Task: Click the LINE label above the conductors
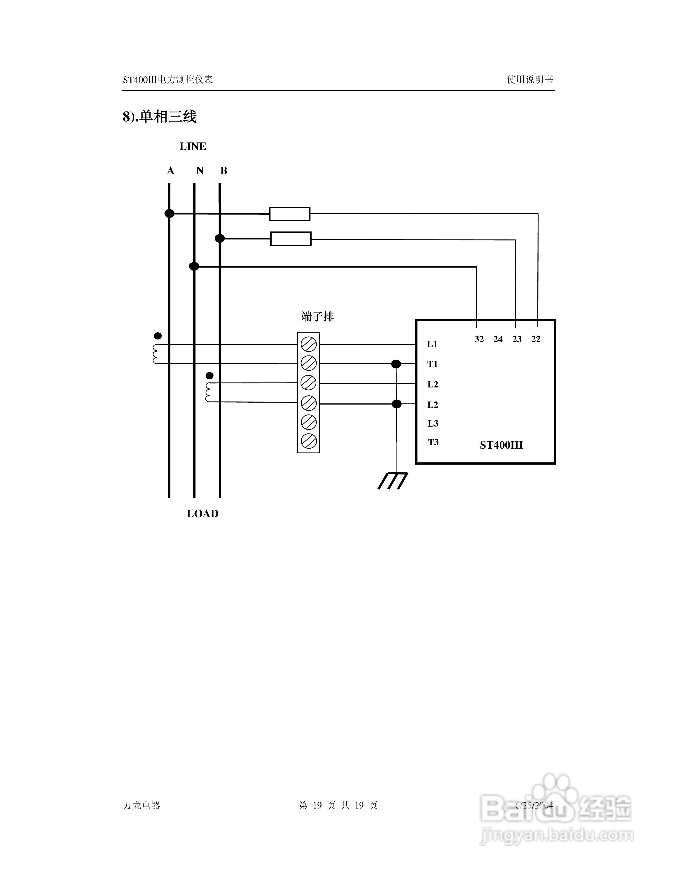click(193, 147)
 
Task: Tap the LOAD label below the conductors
click(202, 514)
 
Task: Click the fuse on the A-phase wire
click(290, 214)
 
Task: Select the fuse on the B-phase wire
click(291, 239)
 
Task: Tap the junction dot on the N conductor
click(194, 266)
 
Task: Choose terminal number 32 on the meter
click(479, 339)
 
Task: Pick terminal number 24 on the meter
click(498, 339)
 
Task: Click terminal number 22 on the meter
click(536, 339)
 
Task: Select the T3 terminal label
click(433, 442)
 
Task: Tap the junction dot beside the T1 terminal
click(396, 364)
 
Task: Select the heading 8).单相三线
click(160, 117)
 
